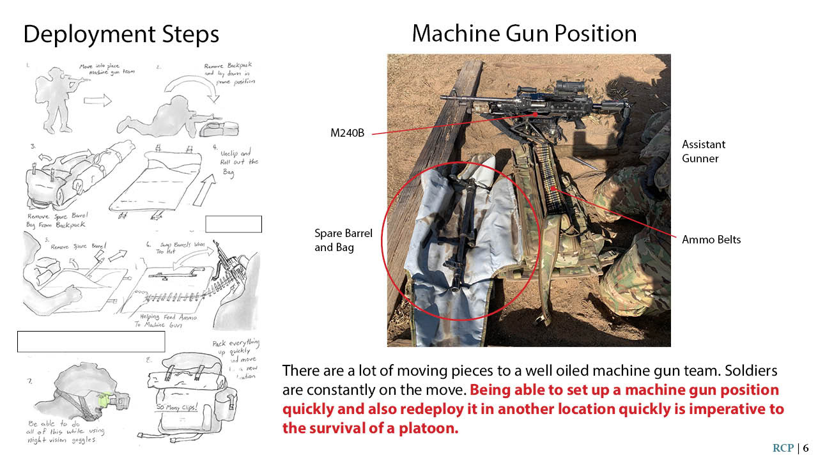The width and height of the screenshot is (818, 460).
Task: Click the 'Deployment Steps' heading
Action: tap(121, 34)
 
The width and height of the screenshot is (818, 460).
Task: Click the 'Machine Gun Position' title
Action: tap(524, 33)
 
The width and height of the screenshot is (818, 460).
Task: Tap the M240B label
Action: tap(347, 133)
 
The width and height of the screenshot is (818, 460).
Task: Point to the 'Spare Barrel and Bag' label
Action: tap(343, 241)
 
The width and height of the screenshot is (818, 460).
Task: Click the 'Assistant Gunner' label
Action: tap(703, 151)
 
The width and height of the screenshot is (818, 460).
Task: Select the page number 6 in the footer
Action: tap(806, 448)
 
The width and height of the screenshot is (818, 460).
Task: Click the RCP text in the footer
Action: tap(783, 448)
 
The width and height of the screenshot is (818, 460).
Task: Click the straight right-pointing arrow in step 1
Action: tap(97, 101)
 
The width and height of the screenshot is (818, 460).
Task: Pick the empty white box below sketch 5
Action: tap(91, 341)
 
